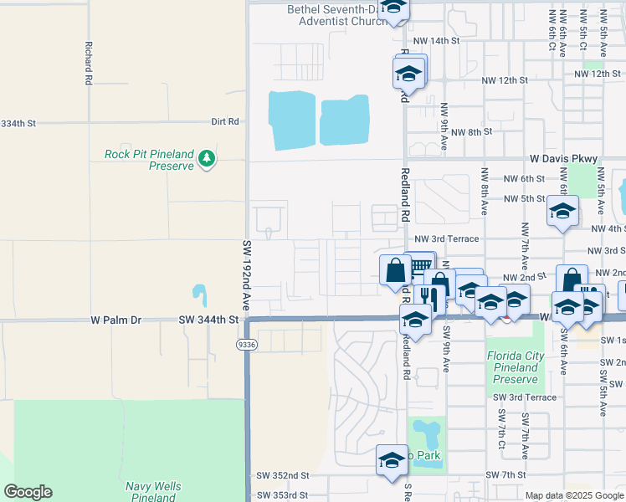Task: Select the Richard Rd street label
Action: [x=87, y=64]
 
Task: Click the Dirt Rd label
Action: [x=225, y=121]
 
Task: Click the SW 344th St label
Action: [x=208, y=320]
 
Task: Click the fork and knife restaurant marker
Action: [x=427, y=296]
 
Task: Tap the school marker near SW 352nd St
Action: [x=391, y=459]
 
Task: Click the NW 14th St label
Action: [x=436, y=40]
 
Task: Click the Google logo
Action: [x=28, y=492]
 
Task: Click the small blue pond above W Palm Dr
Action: [x=199, y=295]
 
